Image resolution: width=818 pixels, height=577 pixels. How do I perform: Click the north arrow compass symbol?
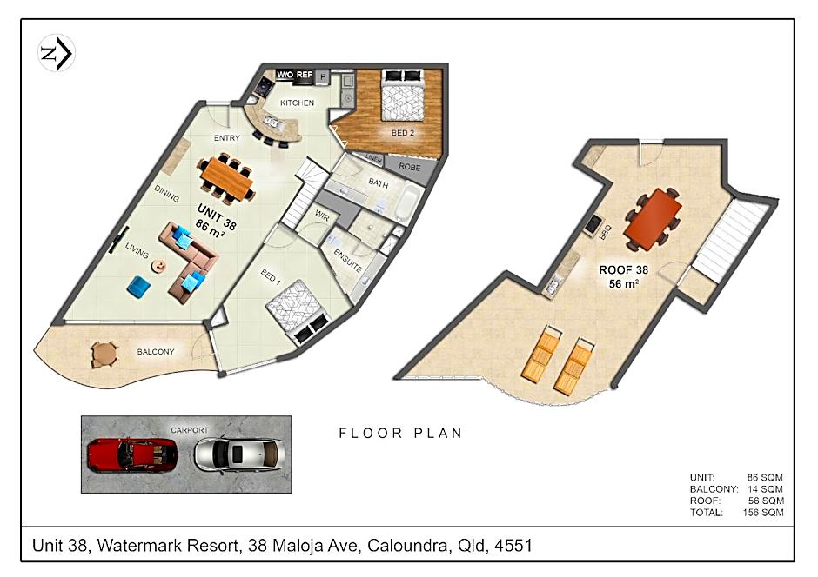pyautogui.click(x=57, y=53)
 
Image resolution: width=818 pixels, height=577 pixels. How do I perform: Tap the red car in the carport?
pyautogui.click(x=132, y=454)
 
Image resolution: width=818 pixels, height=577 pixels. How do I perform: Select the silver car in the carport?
pyautogui.click(x=239, y=454)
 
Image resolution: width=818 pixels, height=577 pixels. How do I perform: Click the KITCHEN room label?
pyautogui.click(x=297, y=103)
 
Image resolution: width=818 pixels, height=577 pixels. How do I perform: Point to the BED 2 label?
pyautogui.click(x=403, y=133)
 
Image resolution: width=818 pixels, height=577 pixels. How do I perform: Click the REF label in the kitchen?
pyautogui.click(x=305, y=75)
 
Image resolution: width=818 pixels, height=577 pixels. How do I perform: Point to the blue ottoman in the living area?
pyautogui.click(x=138, y=287)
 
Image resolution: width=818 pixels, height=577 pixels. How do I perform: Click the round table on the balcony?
pyautogui.click(x=104, y=355)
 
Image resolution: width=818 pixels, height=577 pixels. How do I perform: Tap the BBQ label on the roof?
pyautogui.click(x=605, y=232)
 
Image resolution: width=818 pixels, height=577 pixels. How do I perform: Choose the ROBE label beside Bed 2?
pyautogui.click(x=410, y=167)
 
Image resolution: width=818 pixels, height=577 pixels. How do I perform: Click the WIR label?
pyautogui.click(x=322, y=216)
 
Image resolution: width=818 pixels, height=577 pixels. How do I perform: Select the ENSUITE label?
pyautogui.click(x=347, y=262)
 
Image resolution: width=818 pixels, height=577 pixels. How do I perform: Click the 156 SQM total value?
pyautogui.click(x=762, y=513)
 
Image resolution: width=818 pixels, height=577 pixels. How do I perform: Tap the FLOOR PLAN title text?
pyautogui.click(x=400, y=434)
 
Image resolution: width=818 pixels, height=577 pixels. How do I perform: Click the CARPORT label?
pyautogui.click(x=190, y=430)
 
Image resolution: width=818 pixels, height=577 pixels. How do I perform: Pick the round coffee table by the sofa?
pyautogui.click(x=158, y=266)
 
